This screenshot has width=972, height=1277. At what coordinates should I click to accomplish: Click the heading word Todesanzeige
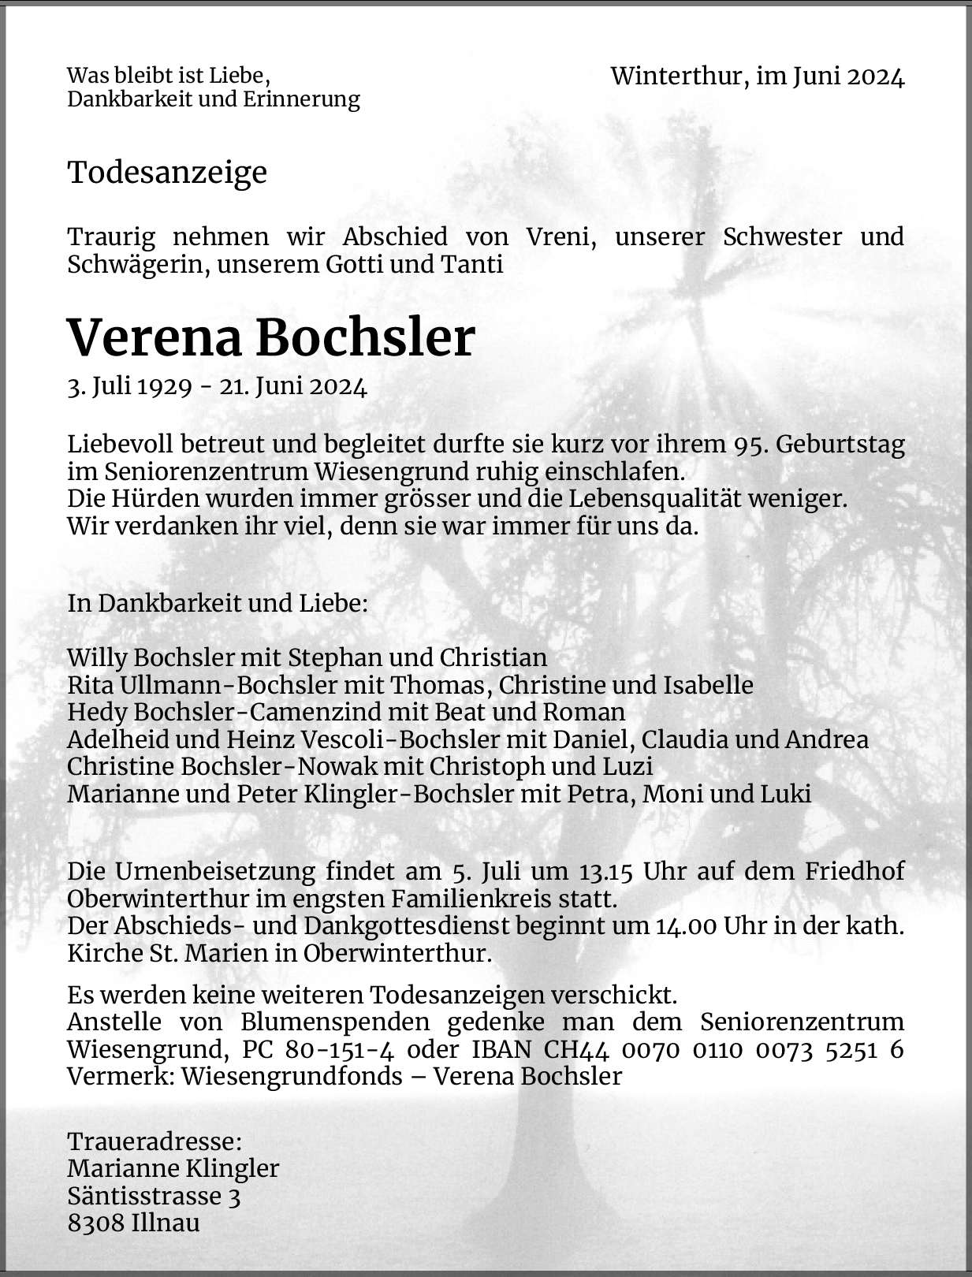coord(167,172)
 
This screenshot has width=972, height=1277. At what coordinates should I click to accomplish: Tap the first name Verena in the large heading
coord(155,338)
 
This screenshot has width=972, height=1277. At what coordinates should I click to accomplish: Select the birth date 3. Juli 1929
coord(130,387)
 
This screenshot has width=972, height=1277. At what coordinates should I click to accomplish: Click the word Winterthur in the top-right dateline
coord(676,76)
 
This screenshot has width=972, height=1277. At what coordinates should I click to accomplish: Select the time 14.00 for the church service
coord(686,925)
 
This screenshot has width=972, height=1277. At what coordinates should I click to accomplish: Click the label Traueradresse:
coord(155,1141)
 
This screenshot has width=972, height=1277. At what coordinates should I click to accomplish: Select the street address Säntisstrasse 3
coord(154,1196)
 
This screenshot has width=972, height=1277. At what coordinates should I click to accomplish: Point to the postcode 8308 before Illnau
coord(95,1223)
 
